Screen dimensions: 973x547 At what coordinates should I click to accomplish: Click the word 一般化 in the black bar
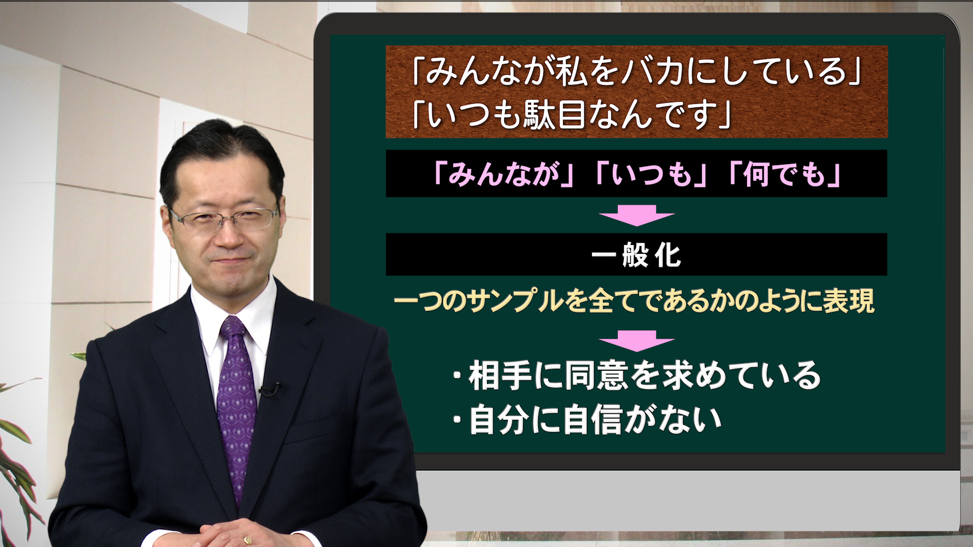[x=636, y=255]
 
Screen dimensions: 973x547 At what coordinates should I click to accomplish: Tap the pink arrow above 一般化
[x=637, y=215]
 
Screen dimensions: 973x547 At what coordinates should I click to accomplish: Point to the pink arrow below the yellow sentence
[x=637, y=341]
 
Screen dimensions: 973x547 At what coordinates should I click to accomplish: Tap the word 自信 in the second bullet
[x=592, y=419]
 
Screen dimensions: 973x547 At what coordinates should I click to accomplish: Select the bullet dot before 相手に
[x=458, y=376]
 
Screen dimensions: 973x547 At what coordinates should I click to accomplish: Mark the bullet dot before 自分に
[x=458, y=420]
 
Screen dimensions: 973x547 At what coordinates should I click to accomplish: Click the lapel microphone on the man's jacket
[x=269, y=389]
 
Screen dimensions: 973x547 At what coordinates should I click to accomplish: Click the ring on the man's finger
[x=247, y=540]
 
